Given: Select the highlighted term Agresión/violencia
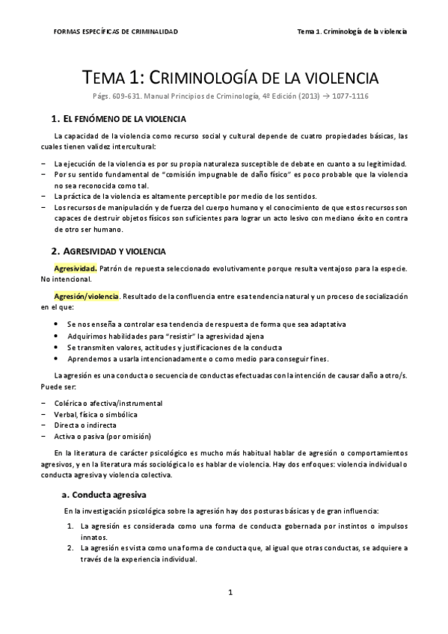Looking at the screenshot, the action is pyautogui.click(x=86, y=296).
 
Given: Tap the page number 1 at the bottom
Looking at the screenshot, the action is pyautogui.click(x=231, y=592).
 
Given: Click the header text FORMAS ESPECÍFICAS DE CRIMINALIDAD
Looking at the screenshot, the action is pyautogui.click(x=117, y=31).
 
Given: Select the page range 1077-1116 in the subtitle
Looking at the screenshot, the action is pyautogui.click(x=346, y=96).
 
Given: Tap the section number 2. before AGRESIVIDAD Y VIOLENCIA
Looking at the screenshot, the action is pyautogui.click(x=55, y=250).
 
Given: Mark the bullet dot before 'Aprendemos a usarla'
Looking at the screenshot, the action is pyautogui.click(x=58, y=360).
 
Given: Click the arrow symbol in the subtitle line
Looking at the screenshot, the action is pyautogui.click(x=317, y=96).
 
